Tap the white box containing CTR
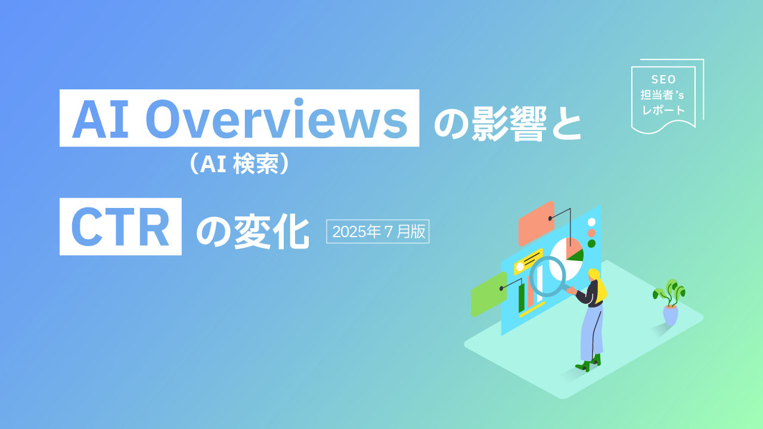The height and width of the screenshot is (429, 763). coord(120,226)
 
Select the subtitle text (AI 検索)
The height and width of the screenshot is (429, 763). coord(239,164)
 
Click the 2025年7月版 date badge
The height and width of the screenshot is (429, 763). coord(378,232)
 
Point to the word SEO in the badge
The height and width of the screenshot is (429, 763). coord(663,79)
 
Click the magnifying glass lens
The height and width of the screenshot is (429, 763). coord(548,276)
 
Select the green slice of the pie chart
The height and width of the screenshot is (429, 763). coord(576,256)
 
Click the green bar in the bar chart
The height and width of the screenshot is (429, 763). coord(521,298)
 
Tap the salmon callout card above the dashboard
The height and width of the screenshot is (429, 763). coord(536,223)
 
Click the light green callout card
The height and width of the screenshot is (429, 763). coord(489,294)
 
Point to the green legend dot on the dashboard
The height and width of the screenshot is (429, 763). coord(592,244)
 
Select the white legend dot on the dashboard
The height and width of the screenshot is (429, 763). coord(592,222)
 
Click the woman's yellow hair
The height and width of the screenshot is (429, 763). coord(600,285)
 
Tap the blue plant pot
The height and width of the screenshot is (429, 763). coord(671,315)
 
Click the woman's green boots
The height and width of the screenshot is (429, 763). coord(588,363)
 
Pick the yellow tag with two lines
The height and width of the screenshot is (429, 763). coord(528,262)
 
